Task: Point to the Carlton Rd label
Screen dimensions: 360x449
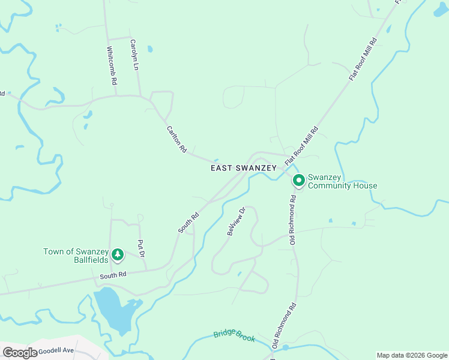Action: tap(176, 138)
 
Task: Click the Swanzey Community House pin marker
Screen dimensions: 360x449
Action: tap(298, 180)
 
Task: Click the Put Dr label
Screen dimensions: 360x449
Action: tap(142, 249)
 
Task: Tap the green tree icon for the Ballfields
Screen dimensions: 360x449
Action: tap(118, 256)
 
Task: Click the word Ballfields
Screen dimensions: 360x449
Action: tap(91, 260)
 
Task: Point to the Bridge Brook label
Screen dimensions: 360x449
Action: tap(235, 336)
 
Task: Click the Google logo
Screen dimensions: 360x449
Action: tap(20, 352)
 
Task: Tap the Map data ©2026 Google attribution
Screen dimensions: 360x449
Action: tap(411, 355)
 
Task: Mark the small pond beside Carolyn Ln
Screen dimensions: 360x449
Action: tap(149, 49)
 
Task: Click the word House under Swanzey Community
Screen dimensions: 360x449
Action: tap(366, 186)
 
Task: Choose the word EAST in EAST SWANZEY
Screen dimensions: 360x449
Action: tap(221, 169)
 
